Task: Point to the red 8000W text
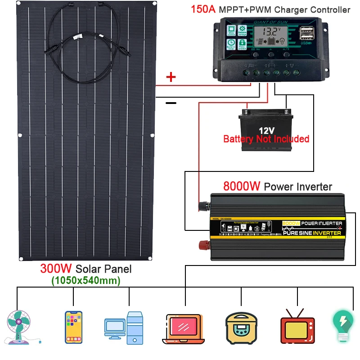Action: click(x=242, y=186)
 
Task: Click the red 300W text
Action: click(x=56, y=269)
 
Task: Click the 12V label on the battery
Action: click(x=266, y=130)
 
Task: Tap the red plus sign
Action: click(x=171, y=77)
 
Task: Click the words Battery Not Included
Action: click(x=266, y=139)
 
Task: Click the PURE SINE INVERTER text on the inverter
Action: click(x=311, y=233)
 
